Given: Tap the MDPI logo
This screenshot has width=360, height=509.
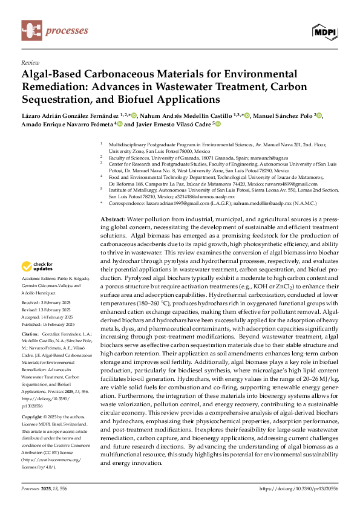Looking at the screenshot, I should pyautogui.click(x=325, y=31).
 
